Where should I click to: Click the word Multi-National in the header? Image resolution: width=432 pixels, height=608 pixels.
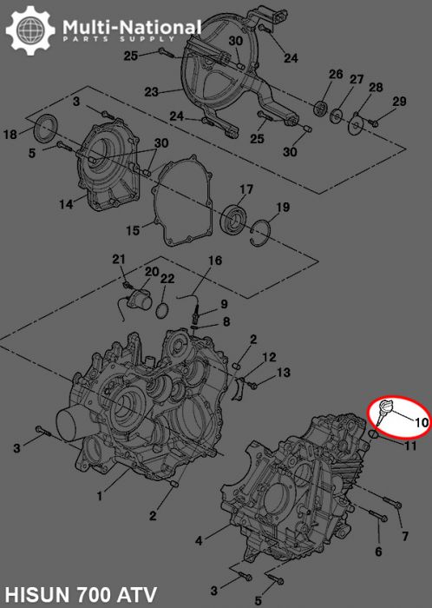click(131, 29)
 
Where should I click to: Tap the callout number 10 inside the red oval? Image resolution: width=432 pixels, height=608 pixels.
click(421, 423)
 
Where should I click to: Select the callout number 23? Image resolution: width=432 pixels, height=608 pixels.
click(151, 92)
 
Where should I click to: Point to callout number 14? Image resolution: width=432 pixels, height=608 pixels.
click(66, 205)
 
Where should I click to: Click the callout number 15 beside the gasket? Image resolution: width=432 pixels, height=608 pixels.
click(133, 230)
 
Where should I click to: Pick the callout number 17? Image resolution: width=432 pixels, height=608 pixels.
click(246, 189)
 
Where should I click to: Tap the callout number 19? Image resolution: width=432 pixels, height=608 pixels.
click(283, 207)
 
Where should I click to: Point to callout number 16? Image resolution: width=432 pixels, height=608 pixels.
click(215, 261)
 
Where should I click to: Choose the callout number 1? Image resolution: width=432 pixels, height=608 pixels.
click(101, 496)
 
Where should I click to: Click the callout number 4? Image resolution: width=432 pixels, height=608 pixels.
click(200, 540)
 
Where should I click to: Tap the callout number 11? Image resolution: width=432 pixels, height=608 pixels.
click(410, 446)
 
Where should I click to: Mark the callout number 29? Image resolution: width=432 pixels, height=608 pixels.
click(399, 102)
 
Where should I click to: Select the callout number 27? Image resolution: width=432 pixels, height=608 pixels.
click(357, 80)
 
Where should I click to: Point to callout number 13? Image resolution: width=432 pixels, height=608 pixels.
click(284, 373)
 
